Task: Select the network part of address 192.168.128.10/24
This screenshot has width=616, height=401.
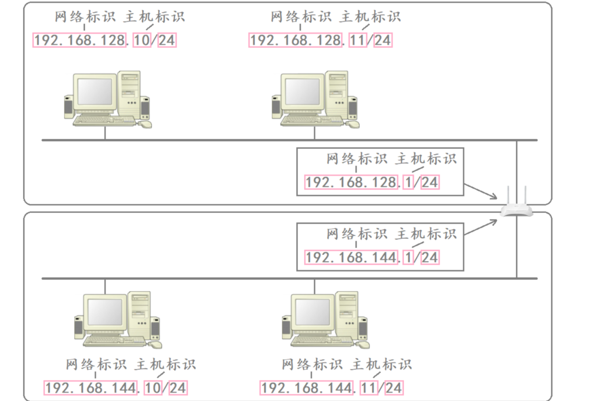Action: [80, 40]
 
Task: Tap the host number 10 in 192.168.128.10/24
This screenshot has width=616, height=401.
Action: [141, 40]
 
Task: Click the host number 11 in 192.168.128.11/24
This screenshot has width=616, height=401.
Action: [357, 40]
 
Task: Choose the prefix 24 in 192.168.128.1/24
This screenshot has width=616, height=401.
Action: [430, 182]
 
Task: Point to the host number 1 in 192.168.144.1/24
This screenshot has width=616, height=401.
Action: [409, 257]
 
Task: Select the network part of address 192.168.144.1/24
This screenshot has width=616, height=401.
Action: [351, 257]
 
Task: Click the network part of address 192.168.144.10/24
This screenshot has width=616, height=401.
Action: [91, 388]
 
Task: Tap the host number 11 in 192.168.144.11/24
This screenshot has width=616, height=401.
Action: [369, 388]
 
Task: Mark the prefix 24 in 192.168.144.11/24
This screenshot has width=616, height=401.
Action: [394, 388]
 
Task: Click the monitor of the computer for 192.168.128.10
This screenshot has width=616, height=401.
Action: [95, 92]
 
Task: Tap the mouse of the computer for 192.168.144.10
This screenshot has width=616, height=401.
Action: [155, 345]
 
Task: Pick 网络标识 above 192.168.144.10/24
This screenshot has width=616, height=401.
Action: [96, 364]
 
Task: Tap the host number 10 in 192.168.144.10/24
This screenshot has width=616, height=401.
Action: [153, 388]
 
